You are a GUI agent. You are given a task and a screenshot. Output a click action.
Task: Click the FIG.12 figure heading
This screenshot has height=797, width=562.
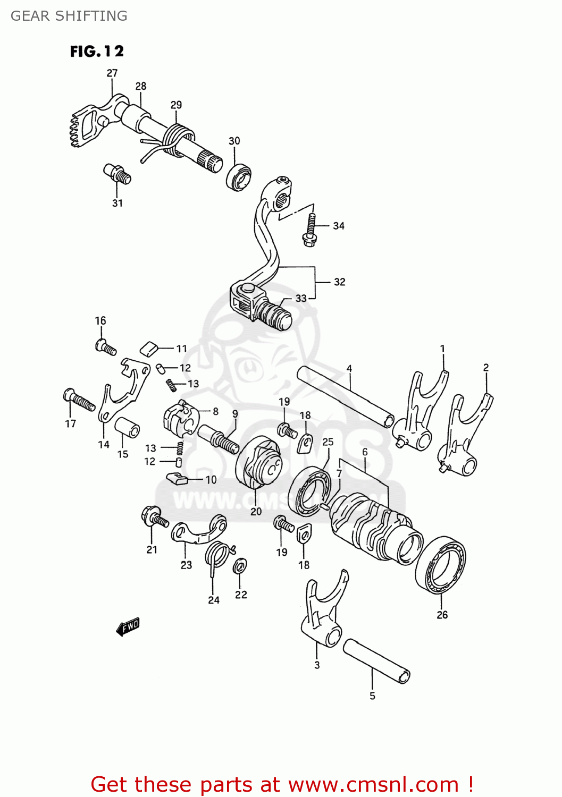97,51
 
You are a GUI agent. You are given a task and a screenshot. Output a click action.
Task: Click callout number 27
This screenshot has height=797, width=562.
112,73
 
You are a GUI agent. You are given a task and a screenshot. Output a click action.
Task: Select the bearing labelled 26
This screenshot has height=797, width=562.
441,564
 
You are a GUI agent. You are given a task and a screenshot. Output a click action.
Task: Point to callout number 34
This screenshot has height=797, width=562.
339,226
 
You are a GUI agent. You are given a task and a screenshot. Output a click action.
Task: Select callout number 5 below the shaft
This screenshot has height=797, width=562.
372,696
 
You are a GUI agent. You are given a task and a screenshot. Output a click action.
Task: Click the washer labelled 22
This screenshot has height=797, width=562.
240,566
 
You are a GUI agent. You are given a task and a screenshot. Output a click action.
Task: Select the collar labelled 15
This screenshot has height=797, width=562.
128,428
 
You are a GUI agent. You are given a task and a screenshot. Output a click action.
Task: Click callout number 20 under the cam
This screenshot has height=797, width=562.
256,511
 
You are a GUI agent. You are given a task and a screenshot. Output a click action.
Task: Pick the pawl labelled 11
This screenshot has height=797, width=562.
149,348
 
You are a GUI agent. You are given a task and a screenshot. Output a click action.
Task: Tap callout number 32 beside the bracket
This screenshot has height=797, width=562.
339,282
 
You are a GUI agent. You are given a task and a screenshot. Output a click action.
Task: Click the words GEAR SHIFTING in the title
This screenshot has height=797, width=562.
69,16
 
